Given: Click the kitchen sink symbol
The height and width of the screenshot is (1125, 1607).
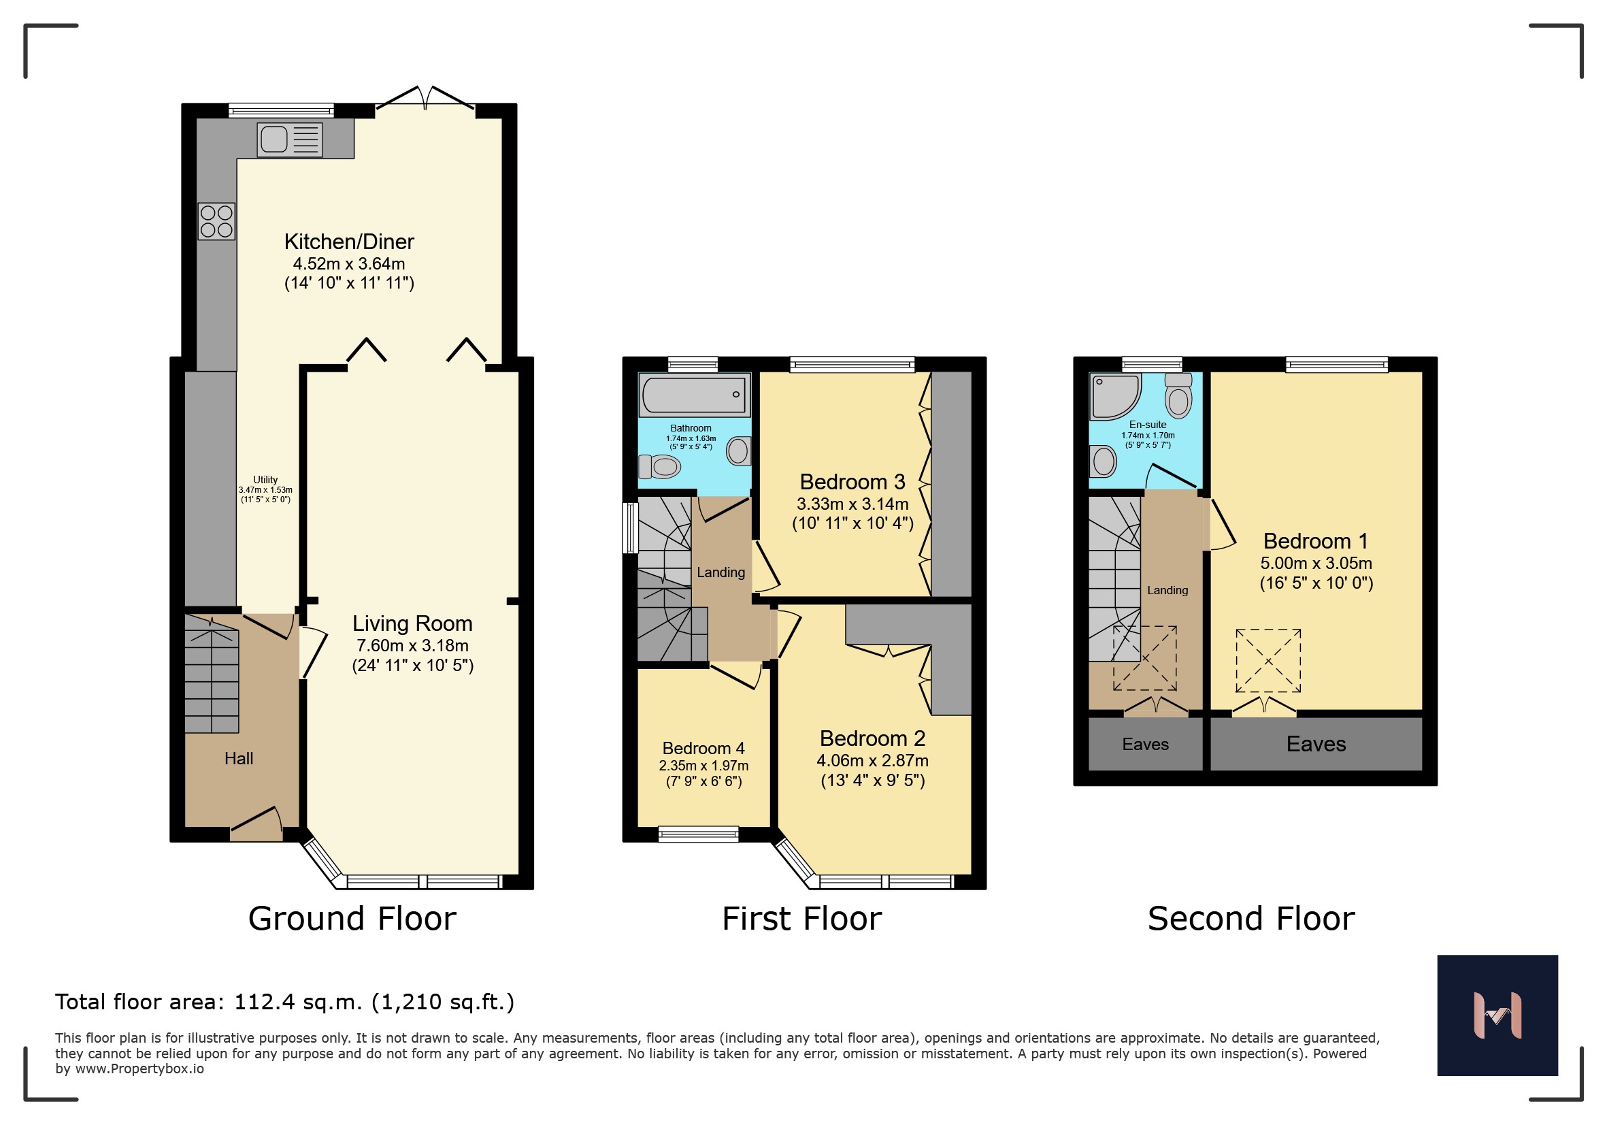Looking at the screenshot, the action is pyautogui.click(x=290, y=140).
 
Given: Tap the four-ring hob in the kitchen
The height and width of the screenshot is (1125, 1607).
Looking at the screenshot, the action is pyautogui.click(x=216, y=221).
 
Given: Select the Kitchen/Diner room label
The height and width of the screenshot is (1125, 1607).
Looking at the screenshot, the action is pyautogui.click(x=349, y=242).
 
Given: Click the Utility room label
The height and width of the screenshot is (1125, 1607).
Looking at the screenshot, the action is pyautogui.click(x=265, y=480).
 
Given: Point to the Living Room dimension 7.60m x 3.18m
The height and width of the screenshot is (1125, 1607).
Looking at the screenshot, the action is pyautogui.click(x=412, y=645).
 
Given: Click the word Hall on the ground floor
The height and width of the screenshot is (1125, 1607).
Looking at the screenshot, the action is pyautogui.click(x=239, y=758).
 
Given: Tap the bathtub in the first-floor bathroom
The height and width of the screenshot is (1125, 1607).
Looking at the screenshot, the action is pyautogui.click(x=695, y=395).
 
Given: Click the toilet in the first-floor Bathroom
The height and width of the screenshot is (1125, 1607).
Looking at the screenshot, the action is pyautogui.click(x=659, y=466).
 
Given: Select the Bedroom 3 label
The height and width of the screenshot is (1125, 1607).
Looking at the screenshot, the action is pyautogui.click(x=852, y=482).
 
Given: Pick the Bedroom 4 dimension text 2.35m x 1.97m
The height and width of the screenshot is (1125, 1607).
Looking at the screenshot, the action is pyautogui.click(x=703, y=765).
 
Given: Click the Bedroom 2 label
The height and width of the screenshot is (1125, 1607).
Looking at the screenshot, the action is pyautogui.click(x=872, y=738).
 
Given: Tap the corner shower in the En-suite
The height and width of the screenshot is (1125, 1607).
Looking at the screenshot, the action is pyautogui.click(x=1115, y=396).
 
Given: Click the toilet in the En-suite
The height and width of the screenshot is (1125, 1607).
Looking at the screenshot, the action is pyautogui.click(x=1178, y=395).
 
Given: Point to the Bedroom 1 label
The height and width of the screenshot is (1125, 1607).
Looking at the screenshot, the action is pyautogui.click(x=1315, y=540).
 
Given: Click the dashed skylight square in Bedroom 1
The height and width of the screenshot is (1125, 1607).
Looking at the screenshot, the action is pyautogui.click(x=1268, y=661).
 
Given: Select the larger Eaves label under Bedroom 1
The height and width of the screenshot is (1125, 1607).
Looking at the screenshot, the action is pyautogui.click(x=1316, y=743).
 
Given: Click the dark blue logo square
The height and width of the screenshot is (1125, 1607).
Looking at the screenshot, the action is pyautogui.click(x=1498, y=1015).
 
